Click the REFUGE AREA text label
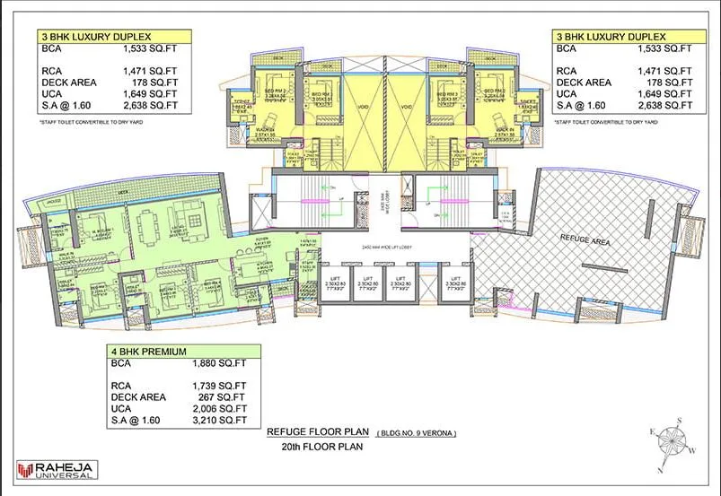coord(585,239)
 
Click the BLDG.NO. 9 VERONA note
coord(418,432)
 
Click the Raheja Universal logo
coord(57,469)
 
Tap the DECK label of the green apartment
coord(123,191)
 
